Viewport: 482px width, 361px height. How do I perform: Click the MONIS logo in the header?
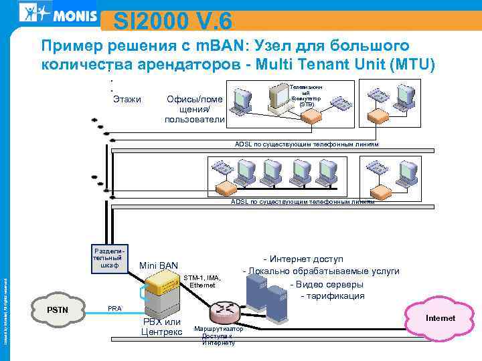(57, 12)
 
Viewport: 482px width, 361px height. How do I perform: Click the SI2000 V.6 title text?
(172, 21)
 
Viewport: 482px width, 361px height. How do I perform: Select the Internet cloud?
(439, 318)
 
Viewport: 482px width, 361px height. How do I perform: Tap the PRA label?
(114, 308)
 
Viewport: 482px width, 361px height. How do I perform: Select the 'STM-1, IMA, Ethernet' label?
(202, 281)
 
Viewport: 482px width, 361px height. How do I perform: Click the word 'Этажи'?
(127, 100)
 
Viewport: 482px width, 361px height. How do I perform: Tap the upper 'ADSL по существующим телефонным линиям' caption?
(306, 144)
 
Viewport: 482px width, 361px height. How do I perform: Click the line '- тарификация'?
(333, 295)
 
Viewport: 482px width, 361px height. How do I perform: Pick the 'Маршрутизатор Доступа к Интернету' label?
(218, 336)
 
